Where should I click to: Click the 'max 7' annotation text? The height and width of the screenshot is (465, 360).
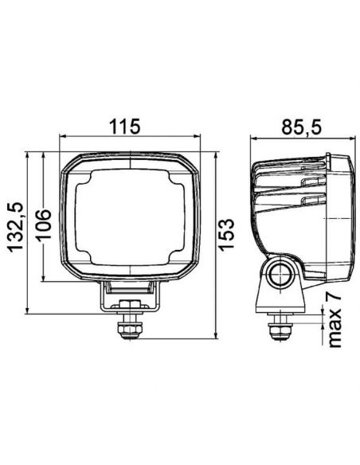(333, 319)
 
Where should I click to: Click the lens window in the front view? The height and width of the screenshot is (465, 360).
(131, 217)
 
